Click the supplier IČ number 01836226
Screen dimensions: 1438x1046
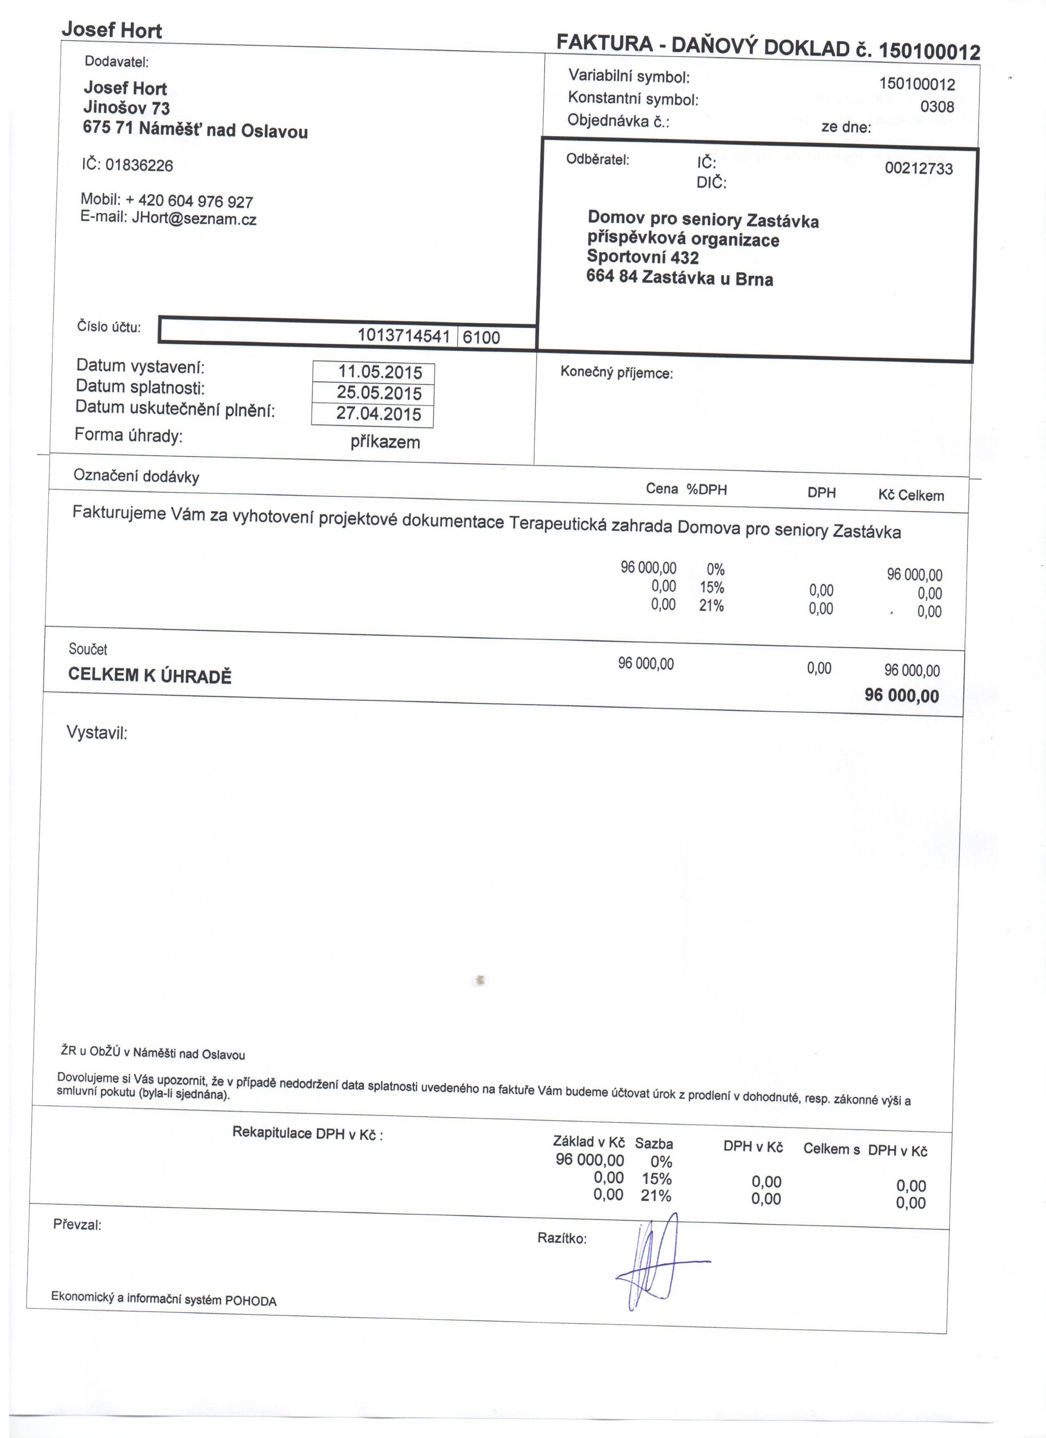coord(139,165)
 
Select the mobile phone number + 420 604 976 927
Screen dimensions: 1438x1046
coord(189,201)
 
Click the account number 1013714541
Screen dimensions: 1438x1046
coord(404,336)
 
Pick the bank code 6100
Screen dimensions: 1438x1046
coord(481,337)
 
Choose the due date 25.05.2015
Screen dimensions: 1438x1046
coord(379,393)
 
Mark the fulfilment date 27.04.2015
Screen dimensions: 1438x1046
coord(379,414)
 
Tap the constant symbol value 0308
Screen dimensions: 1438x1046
coord(937,107)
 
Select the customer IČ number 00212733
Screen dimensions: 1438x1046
coord(918,169)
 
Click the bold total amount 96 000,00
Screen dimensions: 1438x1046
coord(902,696)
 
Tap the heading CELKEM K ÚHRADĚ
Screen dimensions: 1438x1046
coord(150,675)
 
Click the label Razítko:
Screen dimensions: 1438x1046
coord(562,1238)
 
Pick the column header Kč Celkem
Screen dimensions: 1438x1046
coord(911,495)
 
